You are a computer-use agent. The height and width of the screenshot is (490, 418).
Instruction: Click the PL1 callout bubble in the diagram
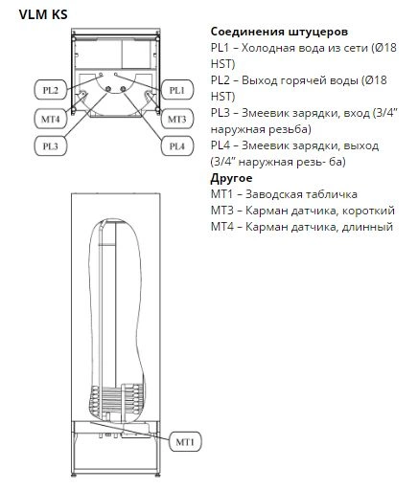pyautogui.click(x=177, y=90)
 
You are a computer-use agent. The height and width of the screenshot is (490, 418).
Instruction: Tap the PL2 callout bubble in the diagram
pyautogui.click(x=51, y=90)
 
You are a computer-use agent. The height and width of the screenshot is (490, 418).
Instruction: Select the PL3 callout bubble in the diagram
pyautogui.click(x=51, y=146)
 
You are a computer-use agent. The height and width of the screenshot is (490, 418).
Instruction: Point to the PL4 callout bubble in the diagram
pyautogui.click(x=177, y=146)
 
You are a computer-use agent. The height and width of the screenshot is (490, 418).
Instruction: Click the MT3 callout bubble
pyautogui.click(x=177, y=119)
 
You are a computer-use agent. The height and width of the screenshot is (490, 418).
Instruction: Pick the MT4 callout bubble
pyautogui.click(x=51, y=119)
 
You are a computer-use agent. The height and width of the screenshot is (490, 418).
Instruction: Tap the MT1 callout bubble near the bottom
pyautogui.click(x=185, y=442)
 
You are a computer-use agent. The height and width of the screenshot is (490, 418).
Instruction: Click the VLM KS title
pyautogui.click(x=43, y=14)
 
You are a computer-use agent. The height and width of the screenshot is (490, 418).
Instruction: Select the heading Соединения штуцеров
pyautogui.click(x=279, y=32)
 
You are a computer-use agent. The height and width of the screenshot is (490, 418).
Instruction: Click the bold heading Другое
pyautogui.click(x=231, y=178)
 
